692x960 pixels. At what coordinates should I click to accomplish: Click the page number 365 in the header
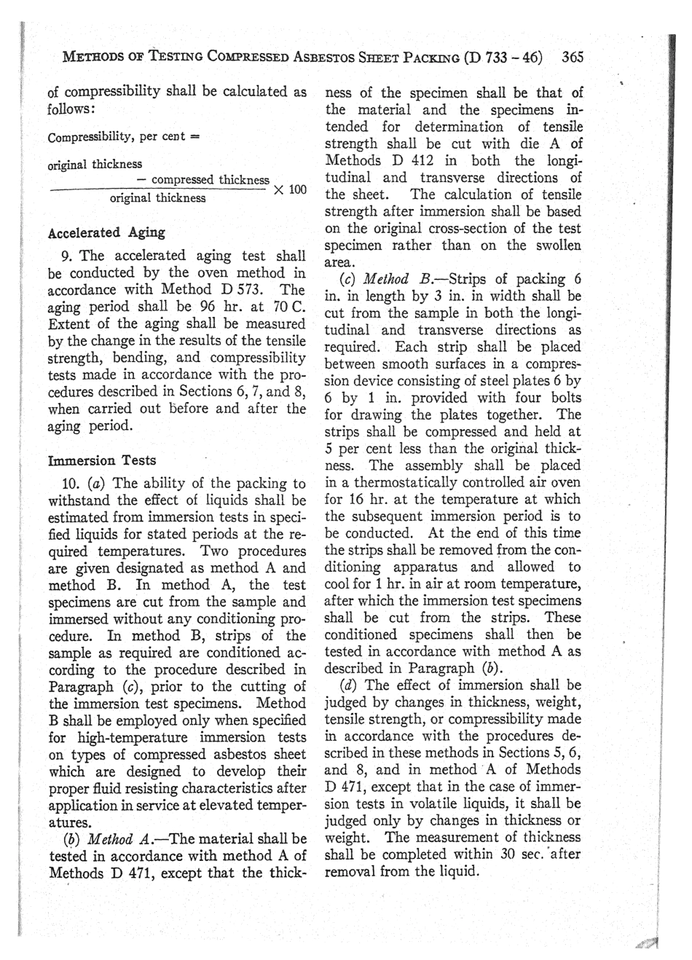pyautogui.click(x=573, y=57)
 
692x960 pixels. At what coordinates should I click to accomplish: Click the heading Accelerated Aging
pyautogui.click(x=106, y=233)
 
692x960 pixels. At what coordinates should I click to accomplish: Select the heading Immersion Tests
pyautogui.click(x=101, y=460)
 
